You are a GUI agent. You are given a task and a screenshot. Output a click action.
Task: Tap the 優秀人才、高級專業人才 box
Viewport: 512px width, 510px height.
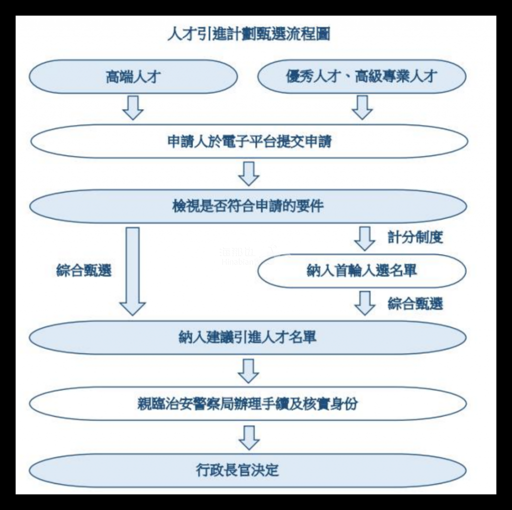(361, 76)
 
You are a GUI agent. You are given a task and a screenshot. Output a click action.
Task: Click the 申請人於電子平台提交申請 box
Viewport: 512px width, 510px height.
(248, 141)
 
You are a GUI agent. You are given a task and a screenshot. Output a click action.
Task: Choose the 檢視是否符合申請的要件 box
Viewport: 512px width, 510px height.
(248, 205)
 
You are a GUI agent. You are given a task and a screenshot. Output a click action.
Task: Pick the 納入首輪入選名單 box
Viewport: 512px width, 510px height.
(361, 270)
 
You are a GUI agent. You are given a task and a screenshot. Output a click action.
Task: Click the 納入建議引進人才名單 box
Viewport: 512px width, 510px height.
(248, 336)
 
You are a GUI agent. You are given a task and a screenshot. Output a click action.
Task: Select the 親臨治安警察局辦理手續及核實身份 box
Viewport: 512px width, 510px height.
(248, 403)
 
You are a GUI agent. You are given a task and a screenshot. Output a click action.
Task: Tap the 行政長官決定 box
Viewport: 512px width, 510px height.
(248, 470)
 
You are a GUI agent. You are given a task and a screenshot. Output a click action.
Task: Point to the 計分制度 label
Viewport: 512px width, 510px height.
(415, 237)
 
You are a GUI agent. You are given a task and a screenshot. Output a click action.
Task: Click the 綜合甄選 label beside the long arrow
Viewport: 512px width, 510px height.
(83, 270)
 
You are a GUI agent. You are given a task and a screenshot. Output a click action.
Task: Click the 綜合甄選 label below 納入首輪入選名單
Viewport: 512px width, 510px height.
(415, 303)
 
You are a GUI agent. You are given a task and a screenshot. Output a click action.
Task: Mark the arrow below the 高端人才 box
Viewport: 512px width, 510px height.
(133, 106)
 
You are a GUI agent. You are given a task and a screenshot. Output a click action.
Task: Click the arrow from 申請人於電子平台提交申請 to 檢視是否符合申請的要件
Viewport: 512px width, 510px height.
(248, 173)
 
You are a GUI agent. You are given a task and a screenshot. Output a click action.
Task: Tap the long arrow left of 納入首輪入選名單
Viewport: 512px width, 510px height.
(132, 270)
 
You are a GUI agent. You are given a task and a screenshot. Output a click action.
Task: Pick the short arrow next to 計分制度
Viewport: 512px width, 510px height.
(364, 238)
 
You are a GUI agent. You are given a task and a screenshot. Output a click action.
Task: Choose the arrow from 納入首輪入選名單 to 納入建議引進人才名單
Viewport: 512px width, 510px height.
(364, 303)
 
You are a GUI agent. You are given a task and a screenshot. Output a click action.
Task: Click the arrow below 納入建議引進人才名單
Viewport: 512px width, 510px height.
(248, 370)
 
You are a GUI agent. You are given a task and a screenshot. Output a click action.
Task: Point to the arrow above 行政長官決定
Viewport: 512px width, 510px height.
(248, 437)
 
